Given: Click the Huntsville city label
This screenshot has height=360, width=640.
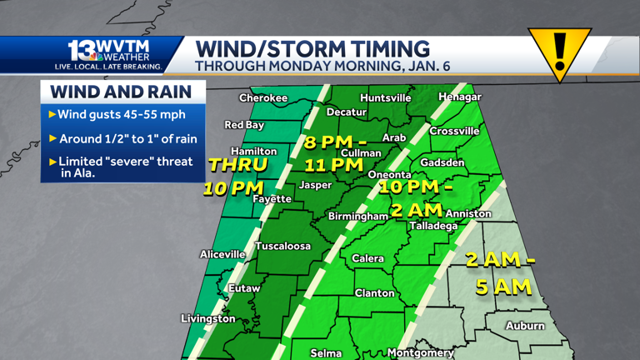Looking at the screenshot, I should (385, 97).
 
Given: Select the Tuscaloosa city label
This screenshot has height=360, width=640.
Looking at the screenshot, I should (282, 246).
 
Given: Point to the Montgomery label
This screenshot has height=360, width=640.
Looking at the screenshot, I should (421, 352).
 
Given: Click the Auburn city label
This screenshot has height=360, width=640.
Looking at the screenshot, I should (525, 326).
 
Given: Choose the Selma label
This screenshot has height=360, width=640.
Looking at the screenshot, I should (326, 353).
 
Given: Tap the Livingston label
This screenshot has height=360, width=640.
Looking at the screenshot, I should (208, 318).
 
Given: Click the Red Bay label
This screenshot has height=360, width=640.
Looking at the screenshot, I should (245, 125).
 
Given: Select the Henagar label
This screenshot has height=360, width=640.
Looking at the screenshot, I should (460, 97).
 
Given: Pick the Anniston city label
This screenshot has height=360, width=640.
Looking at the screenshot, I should (468, 214).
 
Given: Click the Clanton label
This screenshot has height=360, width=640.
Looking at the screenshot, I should (375, 292).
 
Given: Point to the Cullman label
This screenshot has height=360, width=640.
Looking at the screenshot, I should (361, 153).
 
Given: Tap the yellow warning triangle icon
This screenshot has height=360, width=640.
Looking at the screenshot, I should (559, 51).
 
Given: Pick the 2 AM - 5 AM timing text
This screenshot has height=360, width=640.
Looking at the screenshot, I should (500, 273).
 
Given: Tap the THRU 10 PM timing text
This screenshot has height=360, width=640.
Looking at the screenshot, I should (235, 175).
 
